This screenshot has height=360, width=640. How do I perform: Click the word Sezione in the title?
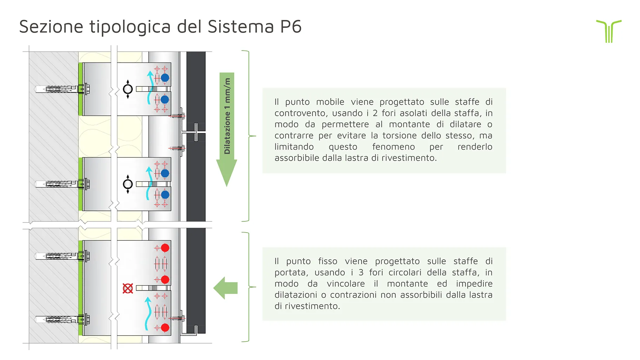(51, 27)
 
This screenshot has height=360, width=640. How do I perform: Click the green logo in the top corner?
(609, 31)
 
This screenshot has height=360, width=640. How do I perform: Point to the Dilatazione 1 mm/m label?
(227, 116)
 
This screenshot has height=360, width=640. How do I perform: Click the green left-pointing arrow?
(226, 288)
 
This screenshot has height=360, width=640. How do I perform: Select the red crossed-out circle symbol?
(128, 288)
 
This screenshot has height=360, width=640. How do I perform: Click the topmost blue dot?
(165, 78)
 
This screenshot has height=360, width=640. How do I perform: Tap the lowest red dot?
(165, 328)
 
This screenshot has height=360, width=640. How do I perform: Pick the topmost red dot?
(165, 248)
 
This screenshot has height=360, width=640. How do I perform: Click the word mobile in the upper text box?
(330, 102)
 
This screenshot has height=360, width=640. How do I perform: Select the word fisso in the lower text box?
(328, 261)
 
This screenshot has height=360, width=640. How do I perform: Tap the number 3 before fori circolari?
(361, 273)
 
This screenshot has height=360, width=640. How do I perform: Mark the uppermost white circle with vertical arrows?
(128, 89)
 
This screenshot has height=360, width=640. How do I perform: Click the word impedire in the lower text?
(474, 284)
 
